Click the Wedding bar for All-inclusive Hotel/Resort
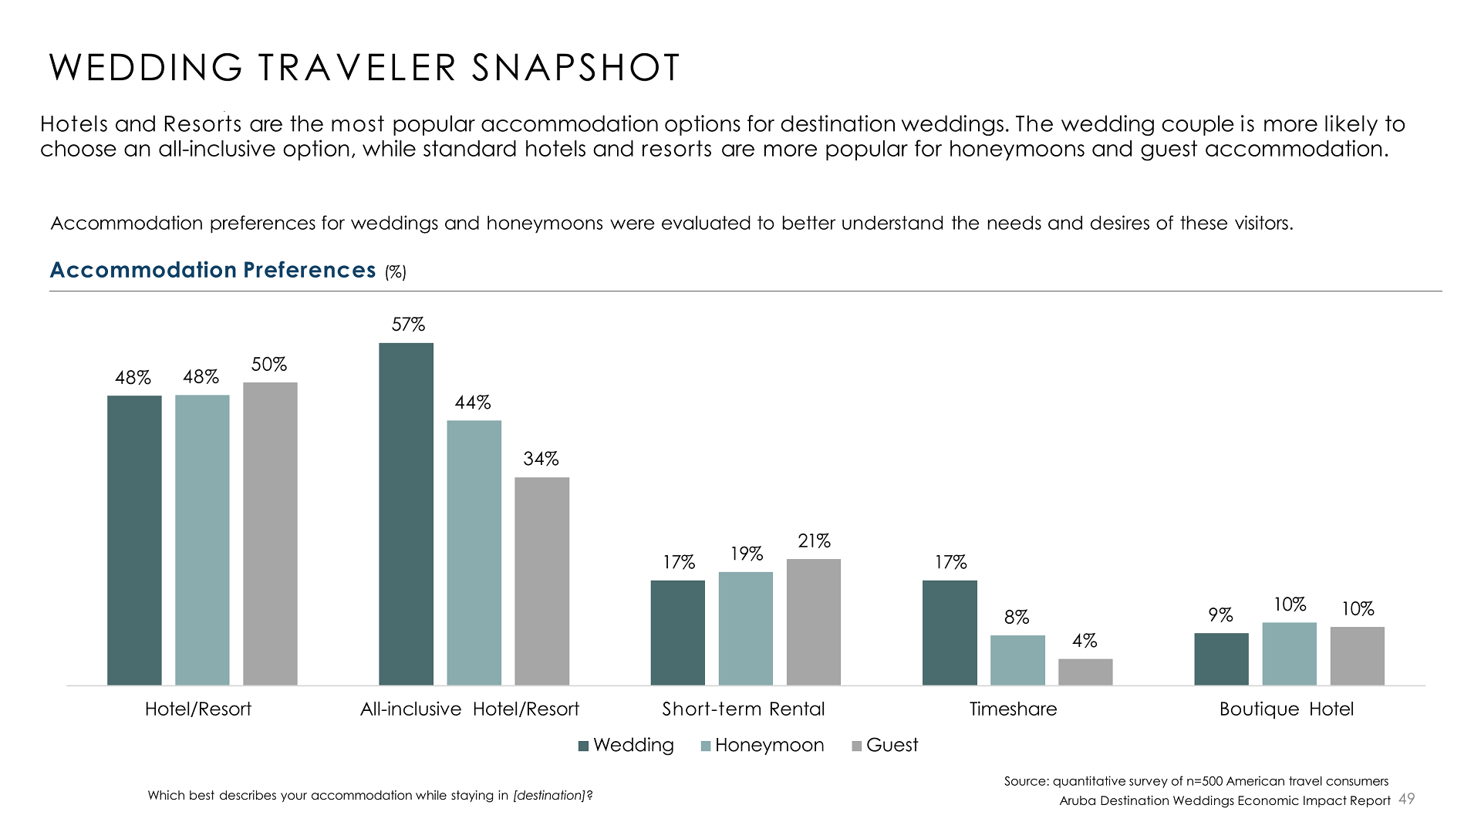click(406, 514)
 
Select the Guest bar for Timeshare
click(1085, 672)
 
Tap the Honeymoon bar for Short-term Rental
click(745, 628)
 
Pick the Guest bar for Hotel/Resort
click(270, 534)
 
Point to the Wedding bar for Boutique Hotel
click(1221, 659)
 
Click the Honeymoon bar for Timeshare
click(1017, 660)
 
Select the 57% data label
click(408, 325)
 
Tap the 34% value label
click(541, 459)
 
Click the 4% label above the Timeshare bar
click(1085, 641)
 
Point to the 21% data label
click(814, 541)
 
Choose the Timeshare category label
click(1013, 709)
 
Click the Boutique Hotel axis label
click(1286, 709)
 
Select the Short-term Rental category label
click(743, 709)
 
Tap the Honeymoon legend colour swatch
click(706, 746)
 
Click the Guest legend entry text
click(892, 745)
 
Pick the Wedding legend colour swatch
click(584, 746)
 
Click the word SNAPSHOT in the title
click(575, 68)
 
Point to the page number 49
click(1407, 799)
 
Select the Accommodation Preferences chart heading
click(213, 270)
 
